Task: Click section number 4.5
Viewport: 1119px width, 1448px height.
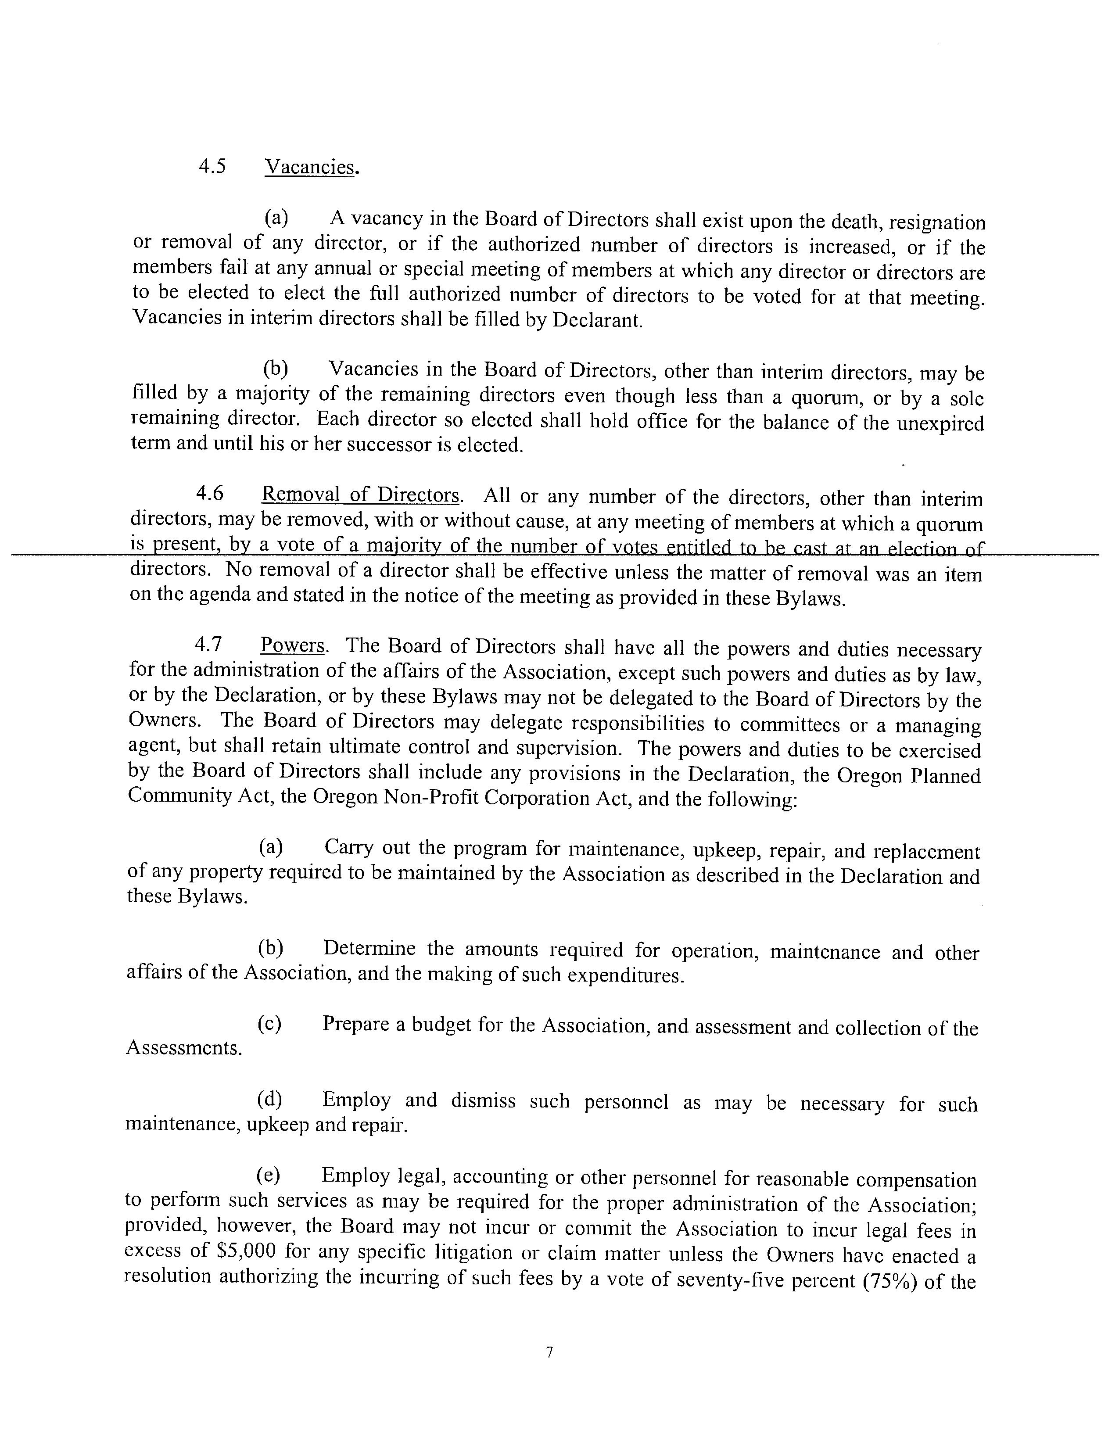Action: tap(212, 166)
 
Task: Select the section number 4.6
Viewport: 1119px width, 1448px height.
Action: tap(209, 493)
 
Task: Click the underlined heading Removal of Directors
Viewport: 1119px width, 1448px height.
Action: tap(361, 495)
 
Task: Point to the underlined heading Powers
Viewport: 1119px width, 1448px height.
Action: tap(292, 645)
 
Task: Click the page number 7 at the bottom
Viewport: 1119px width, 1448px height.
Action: tap(549, 1352)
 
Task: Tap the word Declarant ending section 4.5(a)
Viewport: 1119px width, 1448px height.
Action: tap(597, 321)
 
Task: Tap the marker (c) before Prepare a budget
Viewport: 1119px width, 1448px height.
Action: tap(269, 1024)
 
